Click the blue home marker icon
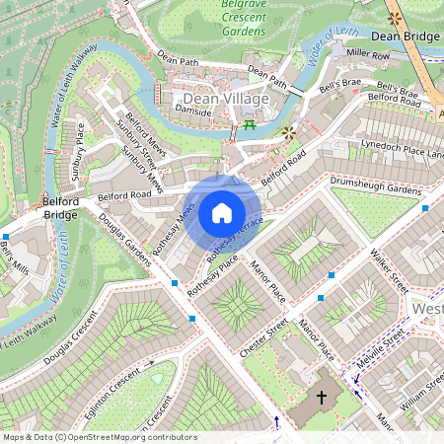tap(222, 212)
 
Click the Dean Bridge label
tap(407, 37)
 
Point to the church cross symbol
tap(321, 398)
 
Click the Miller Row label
tap(369, 55)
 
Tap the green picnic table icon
tap(250, 126)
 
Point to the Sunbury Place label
tap(80, 160)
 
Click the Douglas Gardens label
tap(124, 240)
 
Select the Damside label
tap(192, 112)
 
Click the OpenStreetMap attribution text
tap(100, 437)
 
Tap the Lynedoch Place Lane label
tap(404, 149)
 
